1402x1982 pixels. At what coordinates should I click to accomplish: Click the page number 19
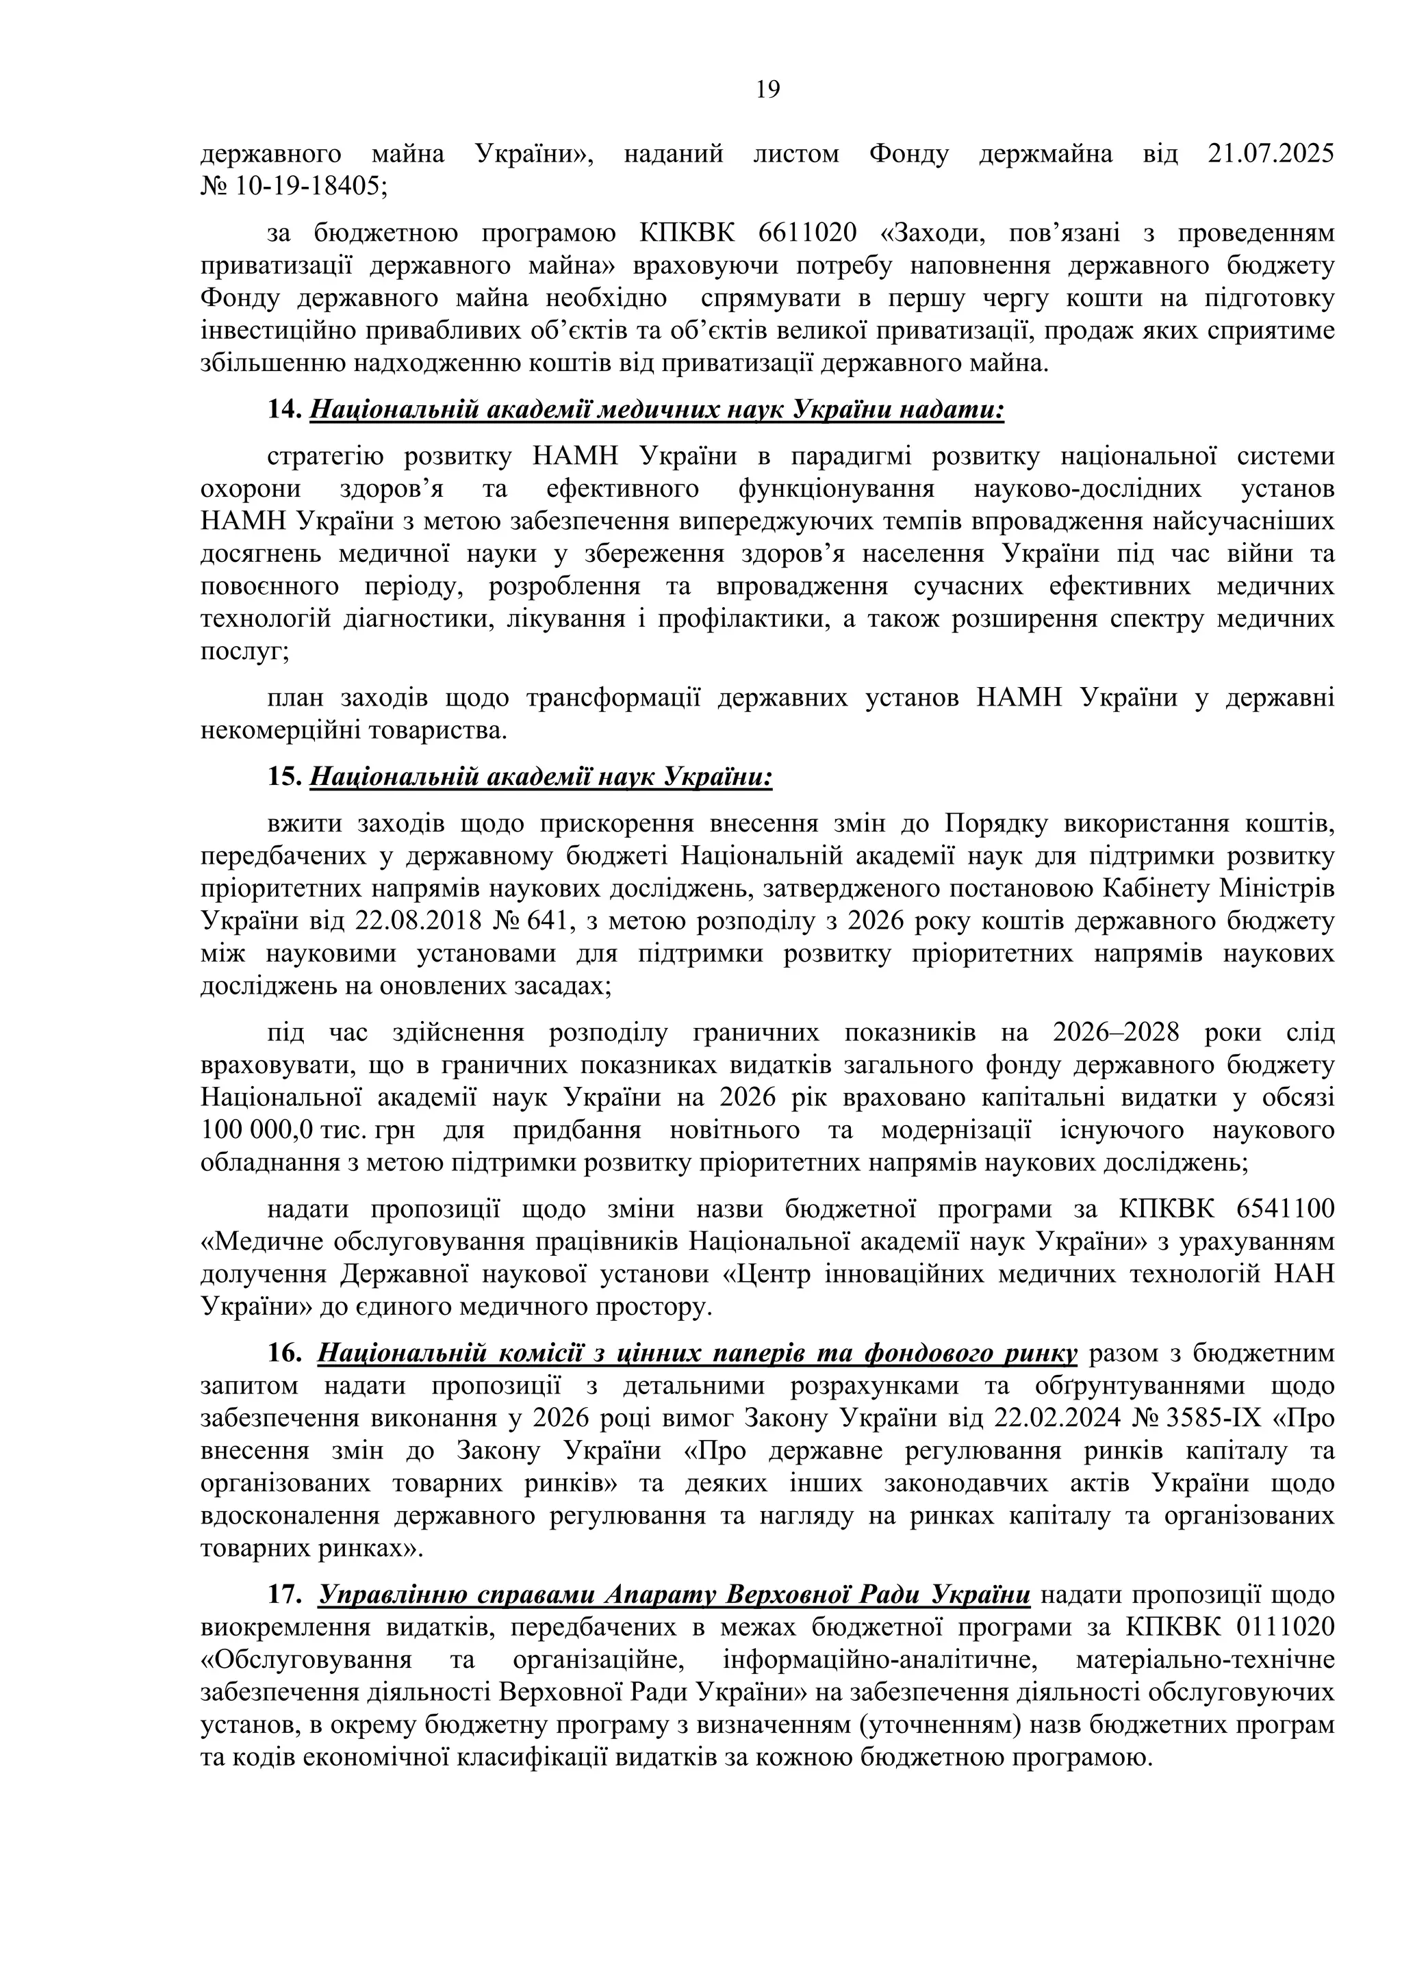click(x=767, y=90)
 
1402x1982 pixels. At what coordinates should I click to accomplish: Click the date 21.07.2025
click(x=1270, y=155)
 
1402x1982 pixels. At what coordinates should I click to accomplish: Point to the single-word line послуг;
click(x=245, y=652)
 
